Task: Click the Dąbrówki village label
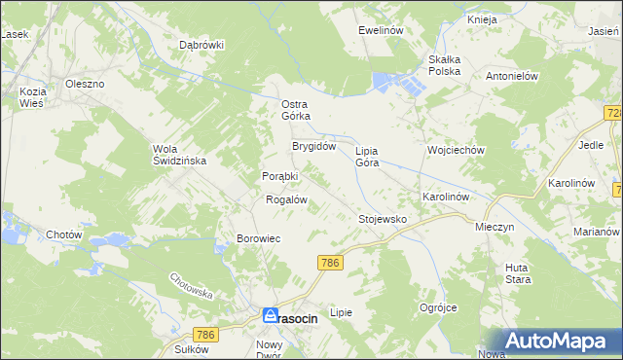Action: click(202, 45)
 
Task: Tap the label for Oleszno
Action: click(85, 84)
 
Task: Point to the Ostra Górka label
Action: click(295, 110)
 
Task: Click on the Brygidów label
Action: click(314, 146)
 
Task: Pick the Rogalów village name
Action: click(287, 199)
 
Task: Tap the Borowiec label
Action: click(259, 238)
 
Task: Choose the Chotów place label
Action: click(64, 234)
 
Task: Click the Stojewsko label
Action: click(382, 220)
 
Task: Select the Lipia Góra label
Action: click(367, 157)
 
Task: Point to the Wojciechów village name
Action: click(456, 151)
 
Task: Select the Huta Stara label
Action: click(518, 273)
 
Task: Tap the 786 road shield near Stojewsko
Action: click(330, 263)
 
